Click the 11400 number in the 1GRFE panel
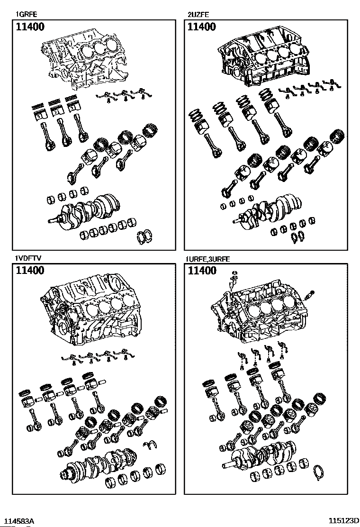[x=30, y=27]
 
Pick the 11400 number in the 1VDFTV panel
[x=30, y=271]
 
